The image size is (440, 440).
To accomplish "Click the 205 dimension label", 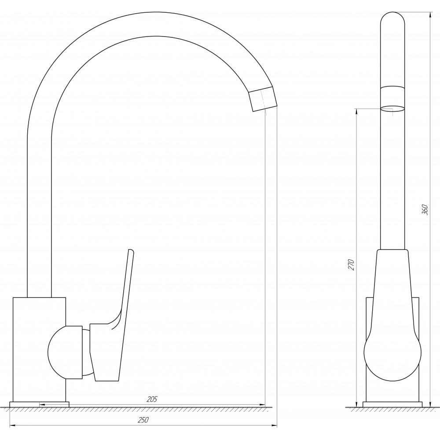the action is [x=152, y=399].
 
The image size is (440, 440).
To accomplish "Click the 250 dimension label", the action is [x=143, y=420].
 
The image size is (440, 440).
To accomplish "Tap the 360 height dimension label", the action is [x=425, y=209].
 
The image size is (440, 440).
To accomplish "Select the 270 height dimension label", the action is [x=352, y=265].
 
